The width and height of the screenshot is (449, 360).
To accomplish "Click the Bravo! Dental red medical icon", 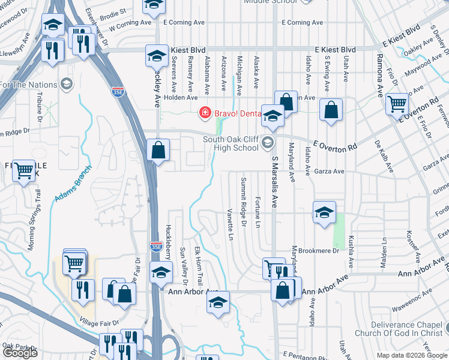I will [205, 112].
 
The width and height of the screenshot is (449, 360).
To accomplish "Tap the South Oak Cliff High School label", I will [231, 144].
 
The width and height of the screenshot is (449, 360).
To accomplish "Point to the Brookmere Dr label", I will [319, 251].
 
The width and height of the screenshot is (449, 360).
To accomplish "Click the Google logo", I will [20, 353].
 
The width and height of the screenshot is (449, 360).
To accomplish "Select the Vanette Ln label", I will [229, 224].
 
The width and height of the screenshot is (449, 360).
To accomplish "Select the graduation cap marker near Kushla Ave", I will [324, 212].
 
